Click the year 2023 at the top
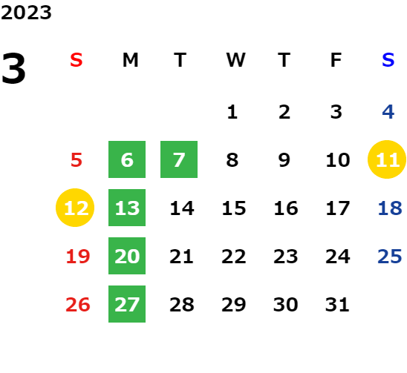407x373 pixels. (x=26, y=13)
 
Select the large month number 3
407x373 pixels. (x=13, y=68)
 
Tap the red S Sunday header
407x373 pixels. (x=76, y=60)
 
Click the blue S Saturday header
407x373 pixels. (x=388, y=60)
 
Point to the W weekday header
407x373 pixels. (x=235, y=60)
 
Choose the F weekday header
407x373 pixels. (x=336, y=60)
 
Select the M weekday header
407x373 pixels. (x=130, y=60)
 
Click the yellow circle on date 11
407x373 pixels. (x=387, y=159)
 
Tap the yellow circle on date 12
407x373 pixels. (x=75, y=208)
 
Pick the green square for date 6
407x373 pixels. (x=127, y=159)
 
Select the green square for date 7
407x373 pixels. (x=179, y=159)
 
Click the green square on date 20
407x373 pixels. (x=127, y=256)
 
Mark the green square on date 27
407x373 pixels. (x=127, y=304)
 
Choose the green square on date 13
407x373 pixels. (x=127, y=208)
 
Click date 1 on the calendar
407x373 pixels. (x=232, y=112)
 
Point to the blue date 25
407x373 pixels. (x=390, y=256)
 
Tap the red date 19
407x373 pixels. (x=78, y=256)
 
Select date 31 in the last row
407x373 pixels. (x=337, y=304)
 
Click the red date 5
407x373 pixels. (x=76, y=159)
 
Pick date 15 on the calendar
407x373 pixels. (x=234, y=208)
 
